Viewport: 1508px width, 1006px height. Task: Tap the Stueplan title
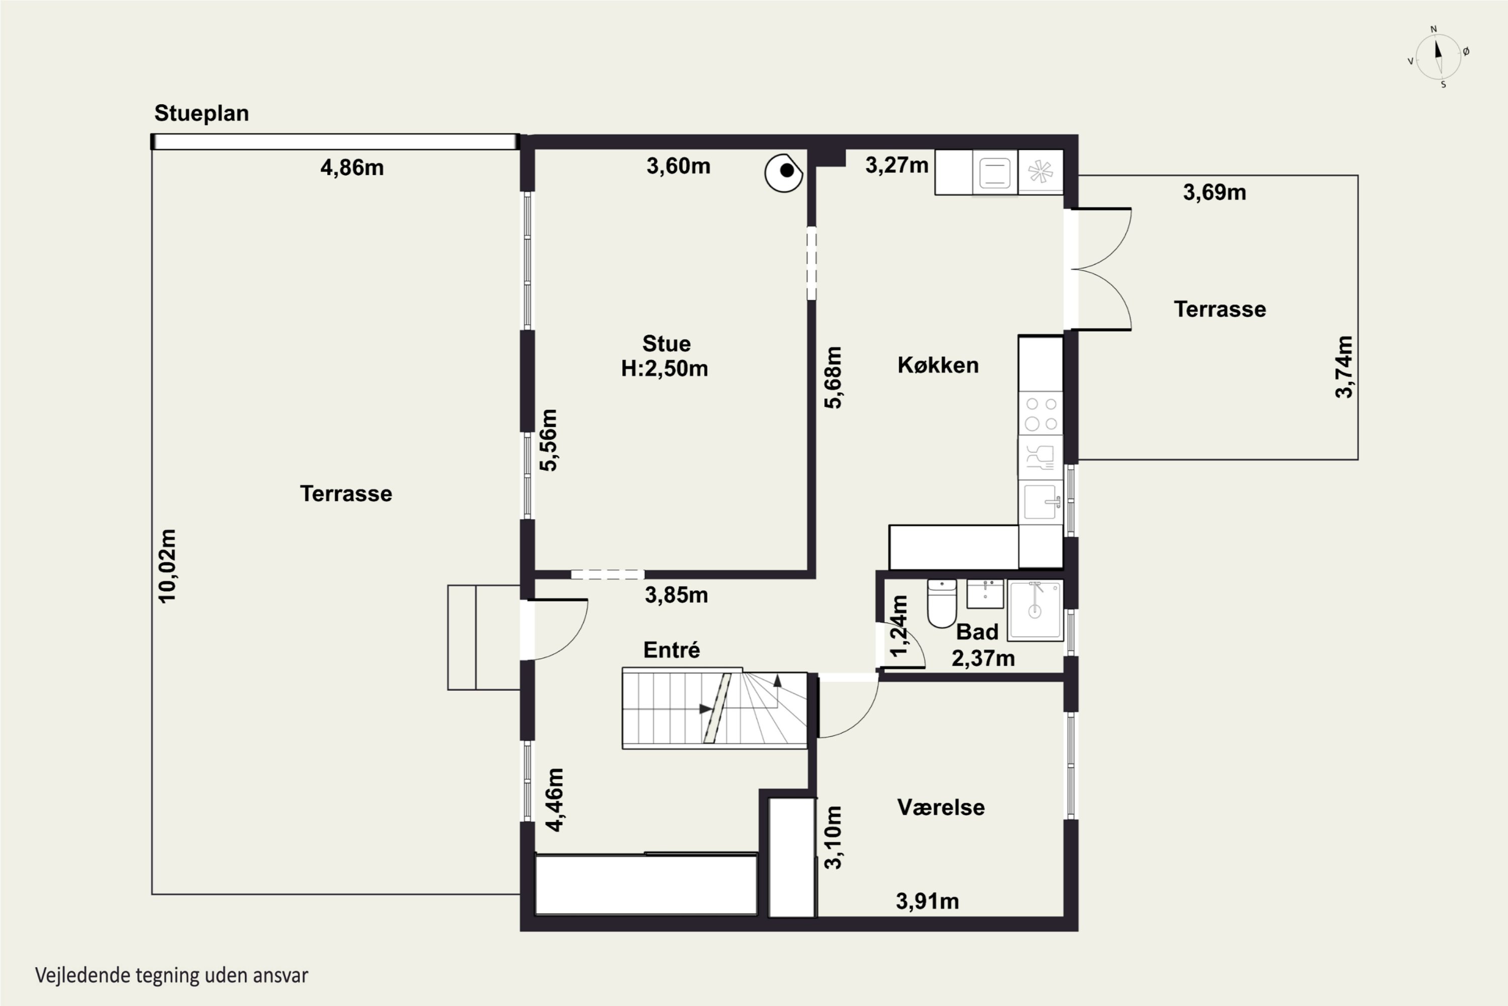click(x=202, y=113)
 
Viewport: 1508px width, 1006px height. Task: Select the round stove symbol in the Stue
click(x=784, y=172)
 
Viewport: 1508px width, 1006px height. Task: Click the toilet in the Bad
click(x=942, y=603)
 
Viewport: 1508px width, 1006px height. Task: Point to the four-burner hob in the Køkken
click(x=1041, y=413)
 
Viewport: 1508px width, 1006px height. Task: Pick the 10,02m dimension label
click(x=167, y=566)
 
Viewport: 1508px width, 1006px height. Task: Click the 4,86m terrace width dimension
click(x=352, y=167)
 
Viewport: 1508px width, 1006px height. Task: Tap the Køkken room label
click(x=938, y=365)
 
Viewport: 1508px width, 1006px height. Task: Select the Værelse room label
click(x=940, y=807)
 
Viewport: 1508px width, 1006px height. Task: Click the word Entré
click(x=671, y=649)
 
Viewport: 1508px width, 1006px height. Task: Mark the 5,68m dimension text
click(x=833, y=377)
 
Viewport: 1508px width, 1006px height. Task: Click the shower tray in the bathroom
click(x=1035, y=610)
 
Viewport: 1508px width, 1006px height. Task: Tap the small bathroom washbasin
click(x=985, y=594)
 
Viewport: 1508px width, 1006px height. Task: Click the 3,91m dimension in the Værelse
click(x=927, y=901)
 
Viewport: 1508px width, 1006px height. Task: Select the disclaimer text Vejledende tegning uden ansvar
click(x=172, y=975)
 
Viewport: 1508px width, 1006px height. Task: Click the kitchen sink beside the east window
click(x=1041, y=501)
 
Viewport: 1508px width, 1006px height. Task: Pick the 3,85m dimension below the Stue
click(x=677, y=595)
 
